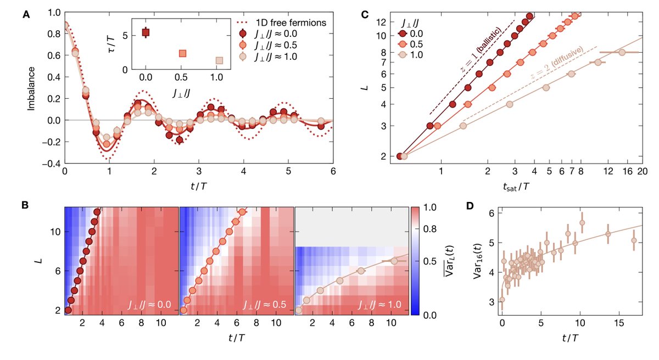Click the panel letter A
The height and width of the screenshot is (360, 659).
[x=26, y=15]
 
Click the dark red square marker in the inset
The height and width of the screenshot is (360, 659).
[x=146, y=32]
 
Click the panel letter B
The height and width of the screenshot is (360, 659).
[x=25, y=206]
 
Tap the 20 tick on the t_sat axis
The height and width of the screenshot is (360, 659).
[x=641, y=172]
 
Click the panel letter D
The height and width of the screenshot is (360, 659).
[x=468, y=206]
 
